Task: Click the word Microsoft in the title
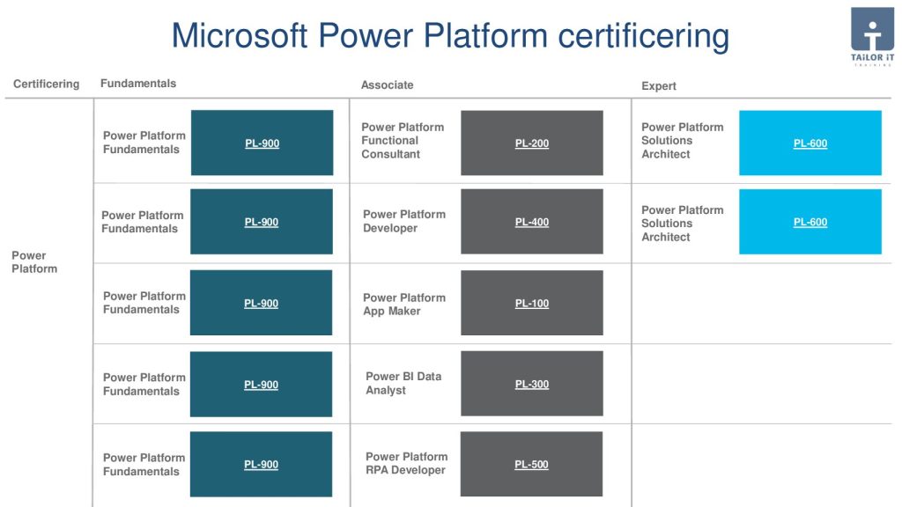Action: click(240, 35)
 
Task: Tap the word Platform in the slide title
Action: click(485, 35)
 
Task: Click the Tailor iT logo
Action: click(872, 36)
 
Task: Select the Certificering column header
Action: click(46, 84)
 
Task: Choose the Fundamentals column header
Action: click(138, 84)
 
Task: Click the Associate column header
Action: click(388, 85)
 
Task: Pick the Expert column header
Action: click(659, 85)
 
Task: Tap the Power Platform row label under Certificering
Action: click(34, 262)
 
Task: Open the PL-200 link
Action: click(531, 143)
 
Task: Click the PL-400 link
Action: click(531, 222)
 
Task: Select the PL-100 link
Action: click(531, 303)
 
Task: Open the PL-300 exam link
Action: click(531, 384)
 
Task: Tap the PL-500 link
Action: click(531, 465)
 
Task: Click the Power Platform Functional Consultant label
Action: click(403, 141)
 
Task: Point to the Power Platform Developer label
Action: click(403, 221)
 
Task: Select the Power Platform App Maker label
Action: click(403, 305)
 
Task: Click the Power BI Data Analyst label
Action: click(403, 384)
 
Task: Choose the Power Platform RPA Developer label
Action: click(406, 463)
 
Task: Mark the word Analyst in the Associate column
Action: click(386, 390)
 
